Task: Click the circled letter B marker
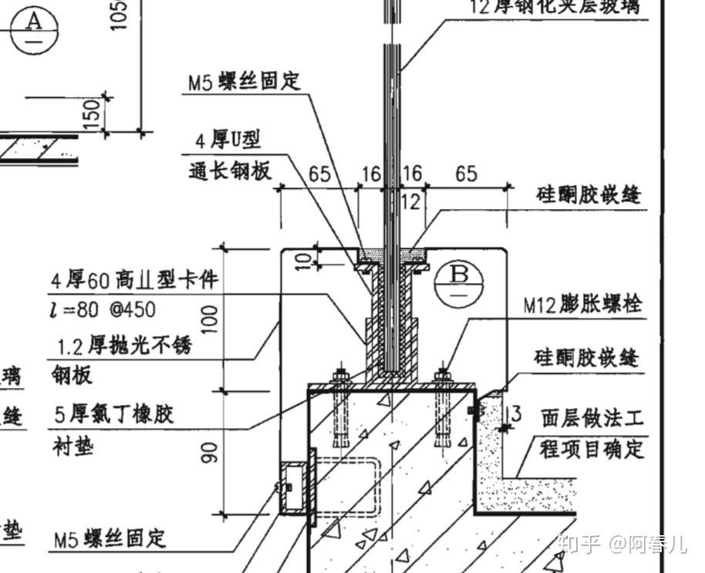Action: coord(458,280)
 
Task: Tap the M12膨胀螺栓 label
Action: coord(582,305)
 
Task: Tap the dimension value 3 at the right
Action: coord(516,414)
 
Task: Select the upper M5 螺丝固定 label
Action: coord(245,81)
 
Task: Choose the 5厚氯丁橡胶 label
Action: coord(113,414)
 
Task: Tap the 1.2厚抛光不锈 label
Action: coord(122,346)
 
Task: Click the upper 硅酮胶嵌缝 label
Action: coord(589,194)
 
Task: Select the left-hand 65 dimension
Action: coord(320,174)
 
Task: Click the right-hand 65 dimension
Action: coord(465,174)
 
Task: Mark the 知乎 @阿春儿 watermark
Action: coord(621,544)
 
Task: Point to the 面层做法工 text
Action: coord(592,418)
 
